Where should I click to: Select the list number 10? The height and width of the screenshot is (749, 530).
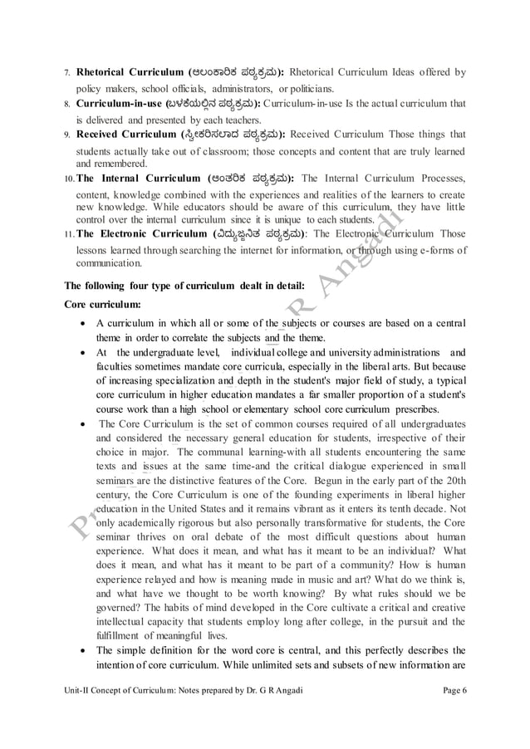[69, 179]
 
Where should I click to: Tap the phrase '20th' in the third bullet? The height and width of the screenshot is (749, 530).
[452, 482]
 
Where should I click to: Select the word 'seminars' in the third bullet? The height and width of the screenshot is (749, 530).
[115, 482]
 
